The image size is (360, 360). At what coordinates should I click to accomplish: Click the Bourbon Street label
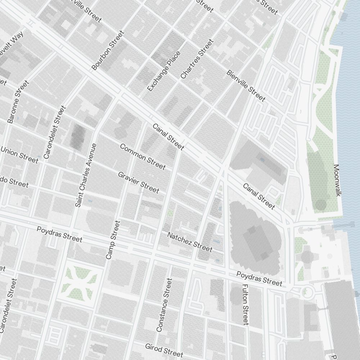108,50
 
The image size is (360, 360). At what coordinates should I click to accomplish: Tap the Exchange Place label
164,71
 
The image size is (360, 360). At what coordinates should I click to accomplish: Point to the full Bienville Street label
246,86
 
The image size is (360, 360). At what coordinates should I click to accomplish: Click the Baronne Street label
18,102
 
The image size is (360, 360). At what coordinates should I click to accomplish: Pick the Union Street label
19,154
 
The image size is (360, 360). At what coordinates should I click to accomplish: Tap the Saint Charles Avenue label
86,175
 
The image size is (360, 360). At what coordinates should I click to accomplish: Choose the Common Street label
143,157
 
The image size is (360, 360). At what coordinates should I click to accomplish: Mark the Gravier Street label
138,182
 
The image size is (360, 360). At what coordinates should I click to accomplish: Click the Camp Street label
113,240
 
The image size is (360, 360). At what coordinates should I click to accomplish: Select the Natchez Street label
190,242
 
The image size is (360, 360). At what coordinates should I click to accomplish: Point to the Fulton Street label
246,304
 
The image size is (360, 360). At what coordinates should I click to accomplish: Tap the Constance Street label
164,305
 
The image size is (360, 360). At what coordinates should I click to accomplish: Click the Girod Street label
164,350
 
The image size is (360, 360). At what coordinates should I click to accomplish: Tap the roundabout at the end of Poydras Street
307,292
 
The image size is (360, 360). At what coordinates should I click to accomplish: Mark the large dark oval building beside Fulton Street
254,238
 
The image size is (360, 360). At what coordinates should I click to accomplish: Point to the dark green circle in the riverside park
321,205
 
